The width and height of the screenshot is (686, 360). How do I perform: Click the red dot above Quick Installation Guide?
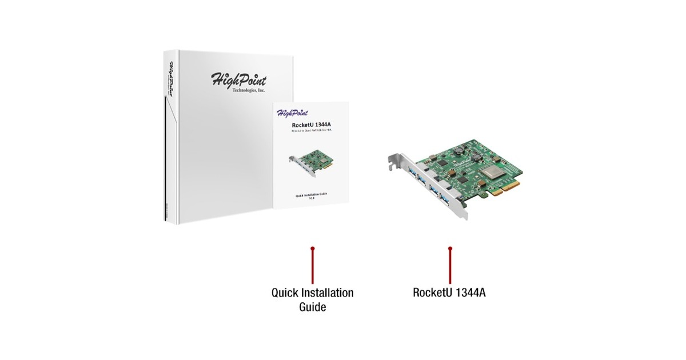click(x=312, y=249)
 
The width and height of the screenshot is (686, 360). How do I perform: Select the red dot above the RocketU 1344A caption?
click(x=450, y=249)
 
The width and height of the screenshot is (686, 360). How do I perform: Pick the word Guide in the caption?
click(x=312, y=307)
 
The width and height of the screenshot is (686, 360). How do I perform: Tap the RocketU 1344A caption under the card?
click(x=449, y=293)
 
